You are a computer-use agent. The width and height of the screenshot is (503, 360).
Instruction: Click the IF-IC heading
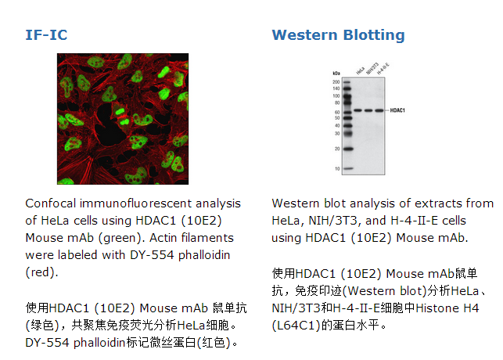click(46, 35)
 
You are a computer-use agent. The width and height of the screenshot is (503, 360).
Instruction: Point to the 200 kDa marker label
click(336, 82)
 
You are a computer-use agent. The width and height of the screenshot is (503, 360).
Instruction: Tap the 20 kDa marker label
click(337, 149)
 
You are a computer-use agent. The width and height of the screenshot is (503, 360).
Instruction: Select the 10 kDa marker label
click(337, 169)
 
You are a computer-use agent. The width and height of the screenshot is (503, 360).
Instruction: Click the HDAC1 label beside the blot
click(397, 110)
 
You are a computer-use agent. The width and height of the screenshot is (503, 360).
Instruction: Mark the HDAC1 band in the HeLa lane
click(358, 110)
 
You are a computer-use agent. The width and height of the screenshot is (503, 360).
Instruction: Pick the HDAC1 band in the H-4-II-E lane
click(379, 110)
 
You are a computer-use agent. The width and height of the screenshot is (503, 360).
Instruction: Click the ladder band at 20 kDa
click(348, 149)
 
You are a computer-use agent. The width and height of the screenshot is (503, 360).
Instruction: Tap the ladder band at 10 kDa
click(348, 168)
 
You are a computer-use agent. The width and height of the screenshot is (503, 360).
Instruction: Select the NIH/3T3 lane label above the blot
click(372, 68)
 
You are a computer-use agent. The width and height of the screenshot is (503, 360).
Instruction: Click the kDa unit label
click(336, 74)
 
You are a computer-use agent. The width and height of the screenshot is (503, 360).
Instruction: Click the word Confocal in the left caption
click(51, 203)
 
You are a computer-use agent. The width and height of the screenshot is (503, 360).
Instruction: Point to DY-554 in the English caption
click(152, 255)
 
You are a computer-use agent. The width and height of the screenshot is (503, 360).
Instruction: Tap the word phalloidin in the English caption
click(204, 255)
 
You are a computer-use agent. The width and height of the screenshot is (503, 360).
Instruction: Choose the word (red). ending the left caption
click(41, 272)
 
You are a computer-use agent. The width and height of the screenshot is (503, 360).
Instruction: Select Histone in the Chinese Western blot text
click(438, 308)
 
